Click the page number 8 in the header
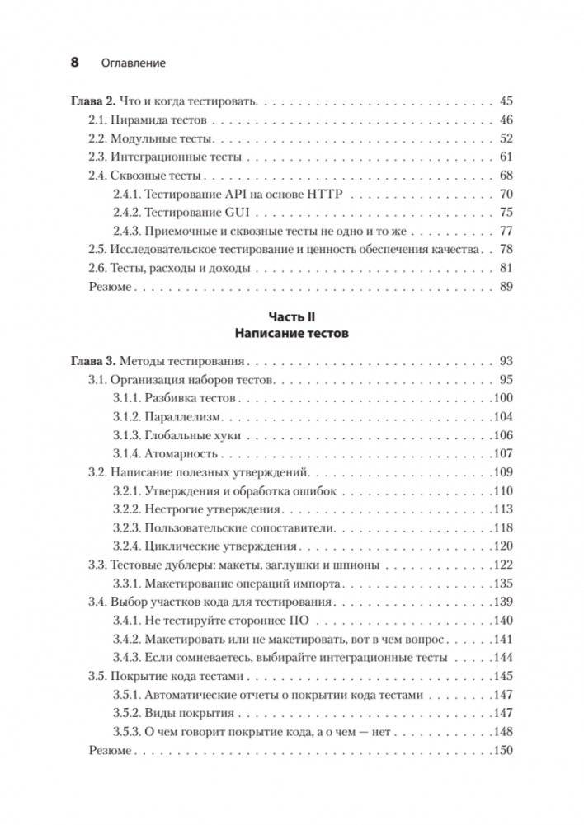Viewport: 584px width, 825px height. click(x=75, y=63)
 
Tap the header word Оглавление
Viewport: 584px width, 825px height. click(x=132, y=63)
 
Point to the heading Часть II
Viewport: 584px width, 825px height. click(x=292, y=316)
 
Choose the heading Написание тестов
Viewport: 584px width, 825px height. click(x=292, y=335)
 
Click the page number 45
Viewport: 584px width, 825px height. click(x=506, y=101)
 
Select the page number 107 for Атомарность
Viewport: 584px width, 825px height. click(x=502, y=453)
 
